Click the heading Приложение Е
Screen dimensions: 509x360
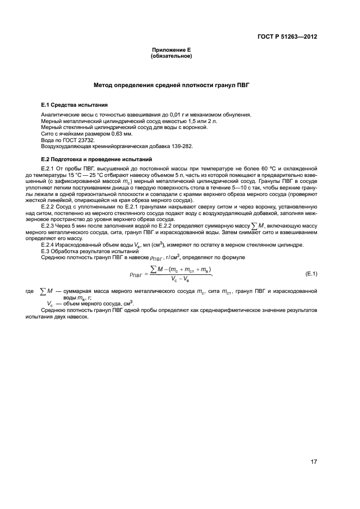click(171, 50)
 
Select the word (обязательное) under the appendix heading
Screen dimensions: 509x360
click(171, 56)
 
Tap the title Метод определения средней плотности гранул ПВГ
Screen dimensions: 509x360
click(171, 85)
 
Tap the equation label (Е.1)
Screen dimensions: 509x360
click(312, 273)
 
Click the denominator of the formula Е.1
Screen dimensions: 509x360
click(181, 278)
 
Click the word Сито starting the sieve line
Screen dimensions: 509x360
click(48, 133)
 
